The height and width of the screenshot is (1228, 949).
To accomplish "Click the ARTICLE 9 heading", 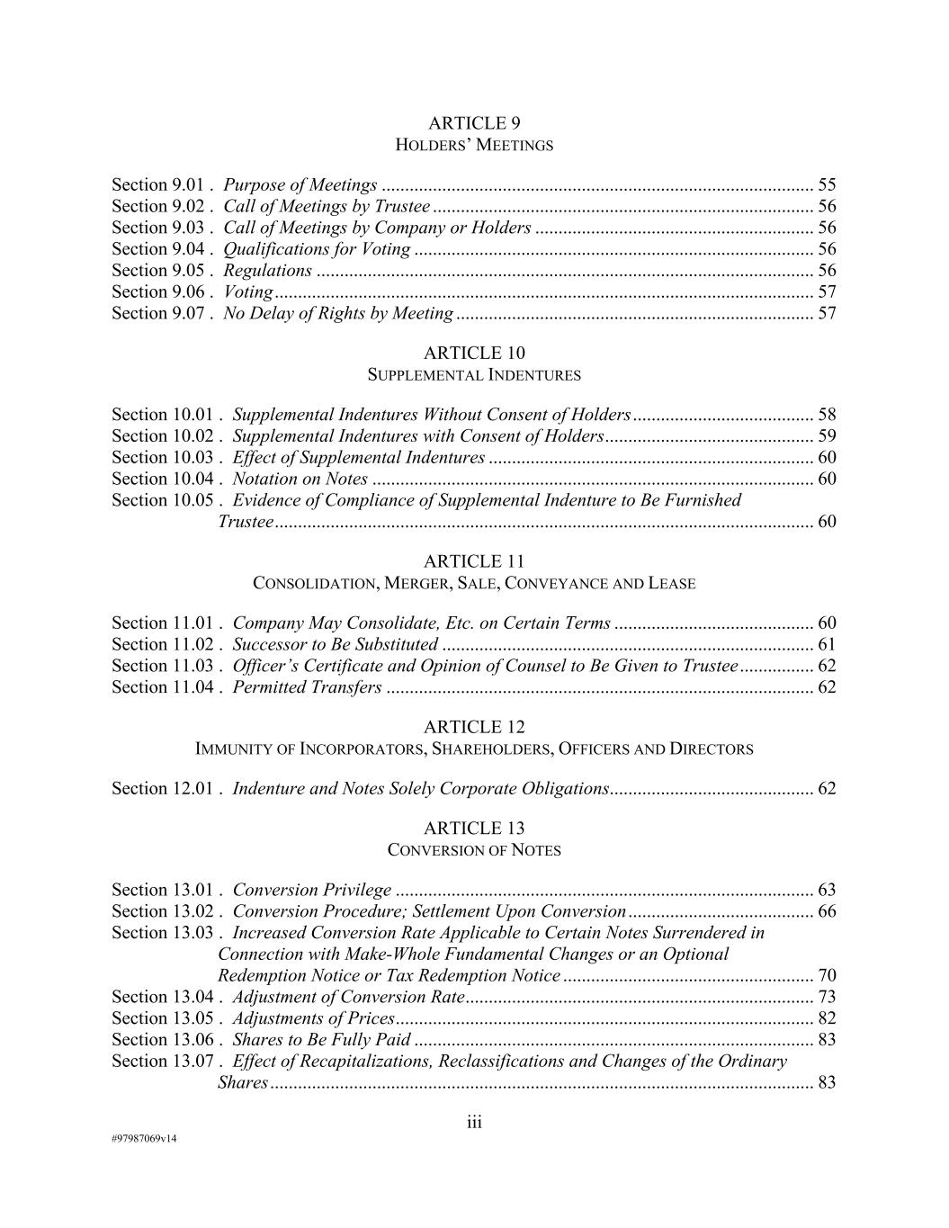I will point(474,123).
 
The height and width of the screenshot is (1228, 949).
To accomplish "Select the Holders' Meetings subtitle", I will point(474,145).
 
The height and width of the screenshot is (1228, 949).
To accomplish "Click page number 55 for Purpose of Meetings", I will point(827,185).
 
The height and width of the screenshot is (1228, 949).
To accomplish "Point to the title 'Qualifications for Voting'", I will point(317,250).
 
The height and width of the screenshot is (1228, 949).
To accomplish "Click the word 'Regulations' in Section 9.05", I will point(267,271).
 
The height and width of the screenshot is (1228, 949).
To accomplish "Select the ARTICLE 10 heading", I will point(474,354).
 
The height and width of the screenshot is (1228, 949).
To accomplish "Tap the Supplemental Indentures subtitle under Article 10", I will point(474,375).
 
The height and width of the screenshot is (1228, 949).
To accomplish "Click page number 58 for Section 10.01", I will point(827,415).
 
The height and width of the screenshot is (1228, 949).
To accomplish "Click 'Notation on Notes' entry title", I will point(300,480).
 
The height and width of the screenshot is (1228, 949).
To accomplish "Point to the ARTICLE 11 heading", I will point(474,562).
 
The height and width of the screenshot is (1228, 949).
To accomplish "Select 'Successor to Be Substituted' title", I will point(335,645).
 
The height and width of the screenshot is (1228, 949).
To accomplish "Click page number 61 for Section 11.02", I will point(827,645).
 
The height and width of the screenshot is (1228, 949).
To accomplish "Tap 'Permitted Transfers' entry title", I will point(307,688).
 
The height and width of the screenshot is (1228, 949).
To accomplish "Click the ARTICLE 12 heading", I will point(474,728).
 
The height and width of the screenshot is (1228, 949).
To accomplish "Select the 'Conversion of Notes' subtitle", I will point(474,850).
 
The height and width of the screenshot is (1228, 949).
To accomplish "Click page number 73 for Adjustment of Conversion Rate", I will point(827,998).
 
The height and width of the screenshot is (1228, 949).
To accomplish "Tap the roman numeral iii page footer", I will point(474,1123).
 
